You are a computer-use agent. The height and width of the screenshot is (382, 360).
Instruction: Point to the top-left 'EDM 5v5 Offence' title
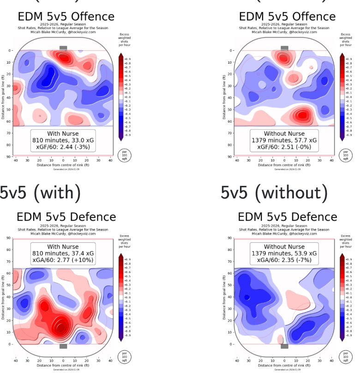point(66,17)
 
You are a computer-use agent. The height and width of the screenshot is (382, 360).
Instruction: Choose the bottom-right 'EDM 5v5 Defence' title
point(287,217)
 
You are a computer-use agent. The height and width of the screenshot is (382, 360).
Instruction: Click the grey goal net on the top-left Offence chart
point(63,48)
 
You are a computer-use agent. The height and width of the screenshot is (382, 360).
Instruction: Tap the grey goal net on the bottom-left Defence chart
point(63,346)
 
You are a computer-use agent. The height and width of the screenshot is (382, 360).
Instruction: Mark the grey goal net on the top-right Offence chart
point(284,48)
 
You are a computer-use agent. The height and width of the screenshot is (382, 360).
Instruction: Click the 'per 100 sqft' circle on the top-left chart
point(124,155)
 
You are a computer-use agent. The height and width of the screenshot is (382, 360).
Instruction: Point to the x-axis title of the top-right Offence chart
point(284,165)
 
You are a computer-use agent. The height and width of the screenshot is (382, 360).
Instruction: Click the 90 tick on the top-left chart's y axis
point(9,157)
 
